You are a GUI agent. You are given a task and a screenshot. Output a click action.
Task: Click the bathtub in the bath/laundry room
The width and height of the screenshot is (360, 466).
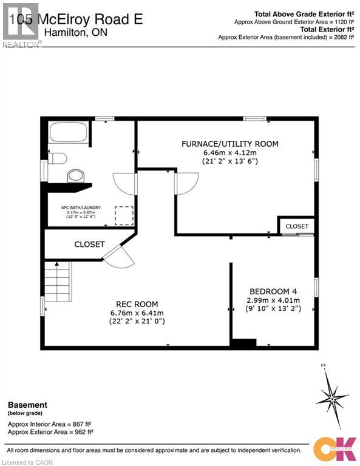point(69,132)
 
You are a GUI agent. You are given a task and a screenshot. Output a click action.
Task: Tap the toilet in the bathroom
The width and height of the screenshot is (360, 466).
point(58,159)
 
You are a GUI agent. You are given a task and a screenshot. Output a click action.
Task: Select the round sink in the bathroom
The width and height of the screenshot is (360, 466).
point(75,176)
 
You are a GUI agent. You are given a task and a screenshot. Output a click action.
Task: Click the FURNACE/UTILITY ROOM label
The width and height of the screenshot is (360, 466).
point(230,144)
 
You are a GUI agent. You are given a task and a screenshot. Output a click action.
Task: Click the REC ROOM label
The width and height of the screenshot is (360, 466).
point(137,304)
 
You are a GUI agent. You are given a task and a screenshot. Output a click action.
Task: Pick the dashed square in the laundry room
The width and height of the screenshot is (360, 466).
point(124,215)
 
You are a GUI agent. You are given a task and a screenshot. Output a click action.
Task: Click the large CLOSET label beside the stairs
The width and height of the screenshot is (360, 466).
point(89,245)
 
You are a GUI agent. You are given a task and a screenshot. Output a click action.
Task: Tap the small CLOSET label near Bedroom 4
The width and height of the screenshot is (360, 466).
point(297,226)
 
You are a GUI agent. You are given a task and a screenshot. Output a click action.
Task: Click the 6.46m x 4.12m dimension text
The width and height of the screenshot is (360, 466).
point(230,153)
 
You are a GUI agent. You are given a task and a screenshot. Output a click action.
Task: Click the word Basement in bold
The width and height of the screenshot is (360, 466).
point(27,405)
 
